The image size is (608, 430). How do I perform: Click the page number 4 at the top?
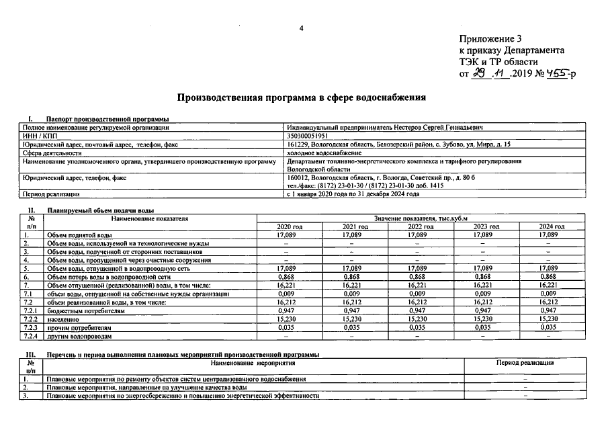[x=302, y=28]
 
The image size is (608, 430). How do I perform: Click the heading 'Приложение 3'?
[x=490, y=40]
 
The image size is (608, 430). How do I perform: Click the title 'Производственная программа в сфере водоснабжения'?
[x=301, y=97]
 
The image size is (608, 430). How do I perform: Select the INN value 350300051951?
[x=310, y=136]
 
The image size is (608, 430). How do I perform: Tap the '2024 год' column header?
[x=552, y=227]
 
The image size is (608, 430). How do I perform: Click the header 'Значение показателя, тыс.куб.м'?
[x=420, y=219]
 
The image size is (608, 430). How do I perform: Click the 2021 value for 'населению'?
[x=355, y=320]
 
